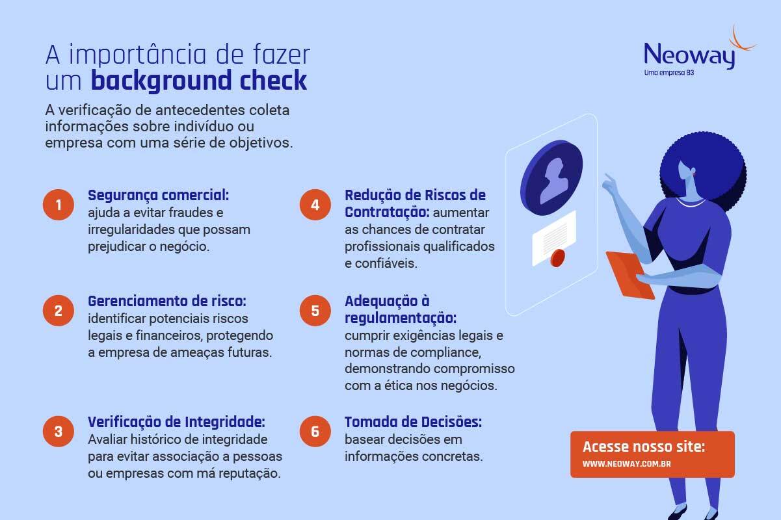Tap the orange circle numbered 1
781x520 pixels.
59,205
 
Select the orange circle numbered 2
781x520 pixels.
59,310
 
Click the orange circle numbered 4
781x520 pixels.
315,205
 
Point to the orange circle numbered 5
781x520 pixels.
315,310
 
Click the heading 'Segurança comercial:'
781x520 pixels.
159,195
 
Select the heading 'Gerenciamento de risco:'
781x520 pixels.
167,302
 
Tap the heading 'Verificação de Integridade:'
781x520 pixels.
176,422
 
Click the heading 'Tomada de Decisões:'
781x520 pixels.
413,422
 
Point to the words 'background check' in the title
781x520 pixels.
198,81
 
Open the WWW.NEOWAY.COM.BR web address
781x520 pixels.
627,464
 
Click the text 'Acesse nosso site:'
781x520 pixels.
644,447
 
